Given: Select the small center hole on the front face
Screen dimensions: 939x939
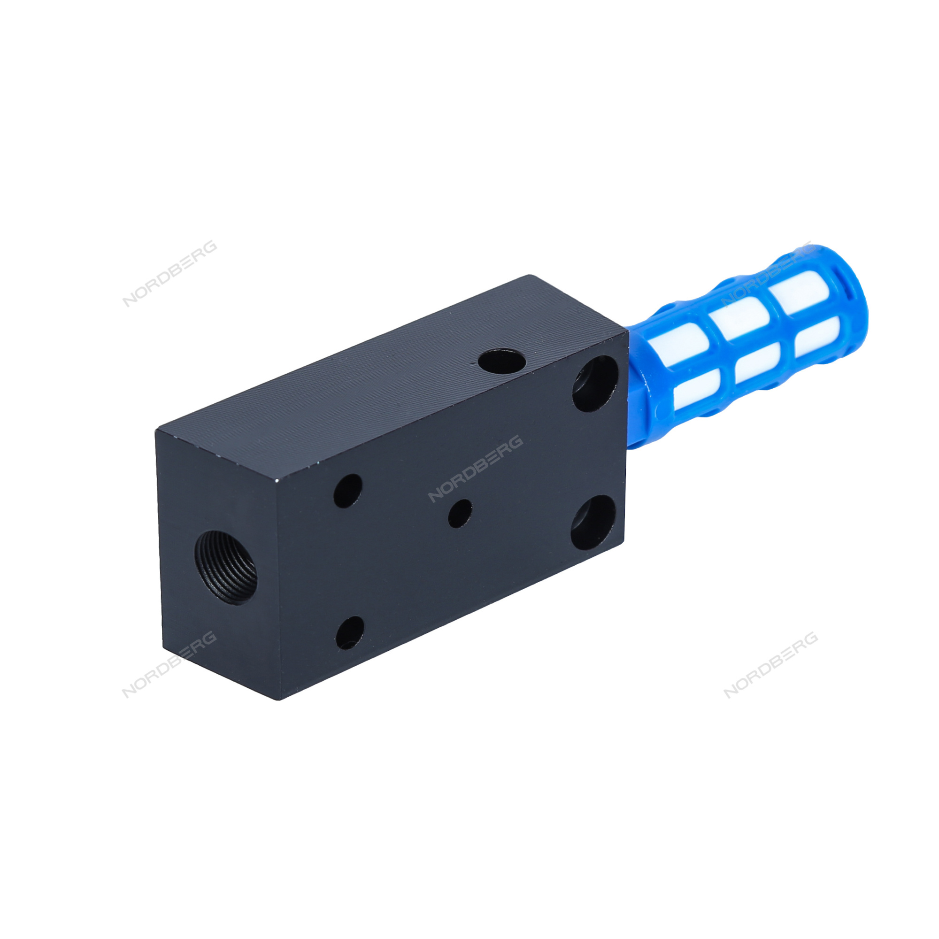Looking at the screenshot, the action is pyautogui.click(x=460, y=514).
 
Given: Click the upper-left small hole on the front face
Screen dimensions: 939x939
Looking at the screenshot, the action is pyautogui.click(x=348, y=491).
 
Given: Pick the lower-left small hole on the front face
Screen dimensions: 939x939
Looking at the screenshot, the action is pyautogui.click(x=349, y=633).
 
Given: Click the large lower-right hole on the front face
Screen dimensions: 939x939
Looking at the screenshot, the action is pyautogui.click(x=593, y=523).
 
